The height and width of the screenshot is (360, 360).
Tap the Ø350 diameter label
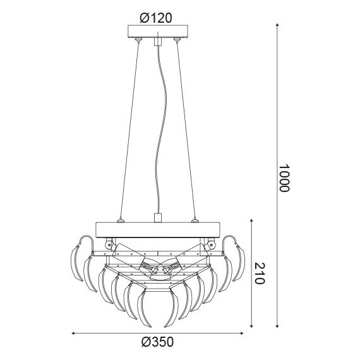pyautogui.click(x=156, y=342)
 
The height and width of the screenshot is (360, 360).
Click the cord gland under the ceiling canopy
pyautogui.click(x=156, y=42)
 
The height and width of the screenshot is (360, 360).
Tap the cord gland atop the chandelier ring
pyautogui.click(x=157, y=219)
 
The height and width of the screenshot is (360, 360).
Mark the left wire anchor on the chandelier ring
pyautogui.click(x=121, y=220)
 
